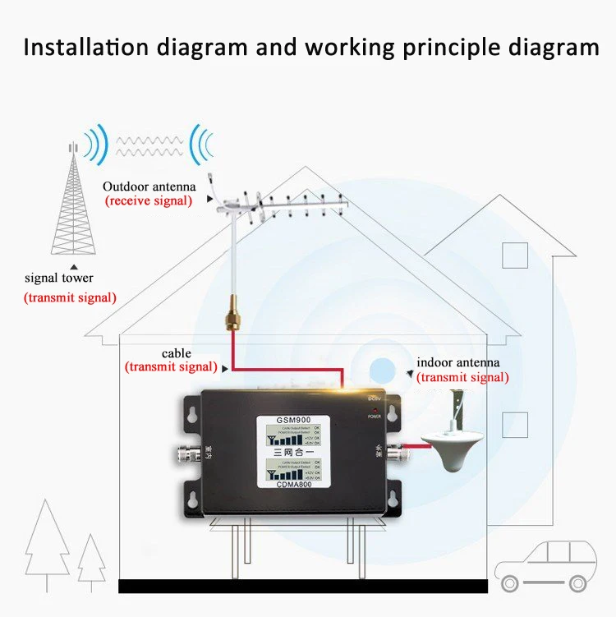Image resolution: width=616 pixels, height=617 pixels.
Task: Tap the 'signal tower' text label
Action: tap(59, 279)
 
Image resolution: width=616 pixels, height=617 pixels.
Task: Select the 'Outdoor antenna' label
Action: tap(149, 186)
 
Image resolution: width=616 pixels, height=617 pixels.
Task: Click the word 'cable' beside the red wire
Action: tap(177, 353)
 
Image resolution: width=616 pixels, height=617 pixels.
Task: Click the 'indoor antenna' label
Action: tap(457, 362)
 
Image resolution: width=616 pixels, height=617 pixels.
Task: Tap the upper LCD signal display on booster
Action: tap(295, 441)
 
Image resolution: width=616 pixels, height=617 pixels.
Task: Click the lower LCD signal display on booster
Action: tap(295, 472)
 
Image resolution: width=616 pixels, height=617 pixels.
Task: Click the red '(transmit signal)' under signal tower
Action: tap(69, 297)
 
